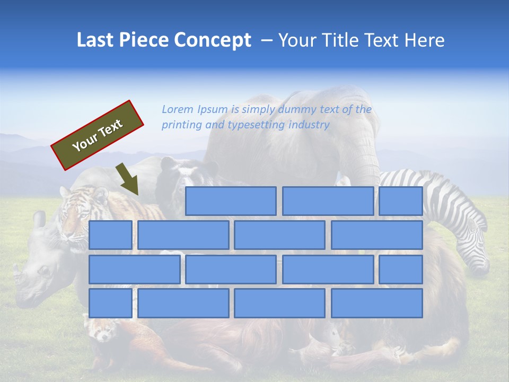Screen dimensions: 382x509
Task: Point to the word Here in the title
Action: (424, 40)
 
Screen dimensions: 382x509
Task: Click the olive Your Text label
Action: (98, 135)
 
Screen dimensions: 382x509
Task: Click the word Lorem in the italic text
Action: (178, 110)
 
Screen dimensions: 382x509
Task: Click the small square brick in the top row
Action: (400, 201)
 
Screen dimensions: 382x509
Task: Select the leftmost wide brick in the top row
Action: (231, 201)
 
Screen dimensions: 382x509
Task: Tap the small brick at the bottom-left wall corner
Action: (110, 303)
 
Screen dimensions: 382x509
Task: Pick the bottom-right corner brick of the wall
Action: (376, 303)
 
